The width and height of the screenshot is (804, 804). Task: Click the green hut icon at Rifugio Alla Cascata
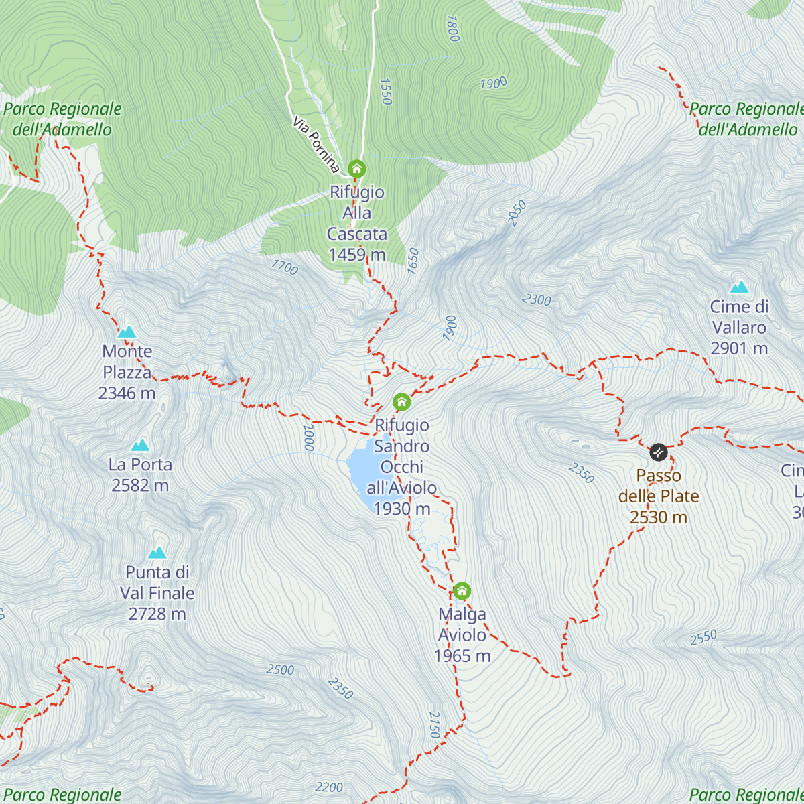coord(357,168)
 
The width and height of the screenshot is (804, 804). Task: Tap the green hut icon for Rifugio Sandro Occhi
coord(401,402)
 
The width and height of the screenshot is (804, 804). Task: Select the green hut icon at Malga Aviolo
coord(462,591)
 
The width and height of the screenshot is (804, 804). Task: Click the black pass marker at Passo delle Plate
coord(659,452)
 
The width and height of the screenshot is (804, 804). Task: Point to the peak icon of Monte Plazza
coord(127,332)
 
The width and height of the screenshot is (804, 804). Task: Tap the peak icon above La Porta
coord(140,445)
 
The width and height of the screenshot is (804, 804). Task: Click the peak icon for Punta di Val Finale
coord(157,553)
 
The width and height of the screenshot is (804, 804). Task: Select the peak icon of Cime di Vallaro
coord(739,287)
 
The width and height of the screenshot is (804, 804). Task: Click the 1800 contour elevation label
coord(452,28)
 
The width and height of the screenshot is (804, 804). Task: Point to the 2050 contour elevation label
coord(517,213)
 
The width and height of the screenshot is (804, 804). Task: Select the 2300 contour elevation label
coord(537,299)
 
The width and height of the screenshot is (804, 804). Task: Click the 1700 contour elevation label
coord(284,267)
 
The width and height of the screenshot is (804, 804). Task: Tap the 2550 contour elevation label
coord(703,637)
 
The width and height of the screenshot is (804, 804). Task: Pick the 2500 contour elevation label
coord(280,669)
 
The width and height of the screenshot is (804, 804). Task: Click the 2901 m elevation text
coord(739,348)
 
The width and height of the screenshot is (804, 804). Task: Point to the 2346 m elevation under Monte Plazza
coord(127,393)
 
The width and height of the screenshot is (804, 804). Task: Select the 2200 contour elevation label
coord(329,787)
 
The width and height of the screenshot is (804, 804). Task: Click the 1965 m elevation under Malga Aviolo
coord(462,656)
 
